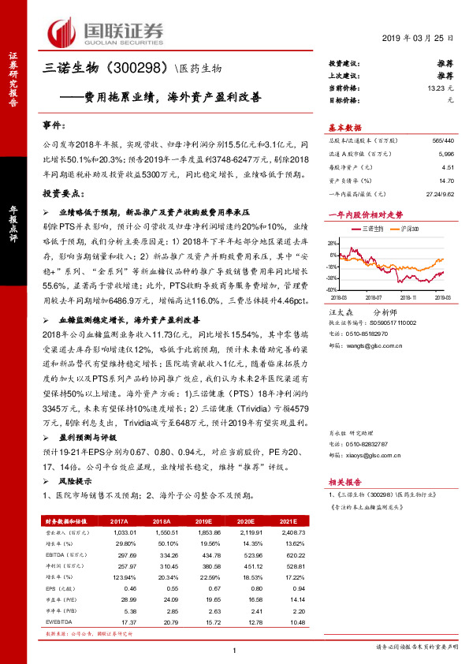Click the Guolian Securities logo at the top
pos(106,32)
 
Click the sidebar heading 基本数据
pos(344,128)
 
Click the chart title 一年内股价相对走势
pos(365,214)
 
